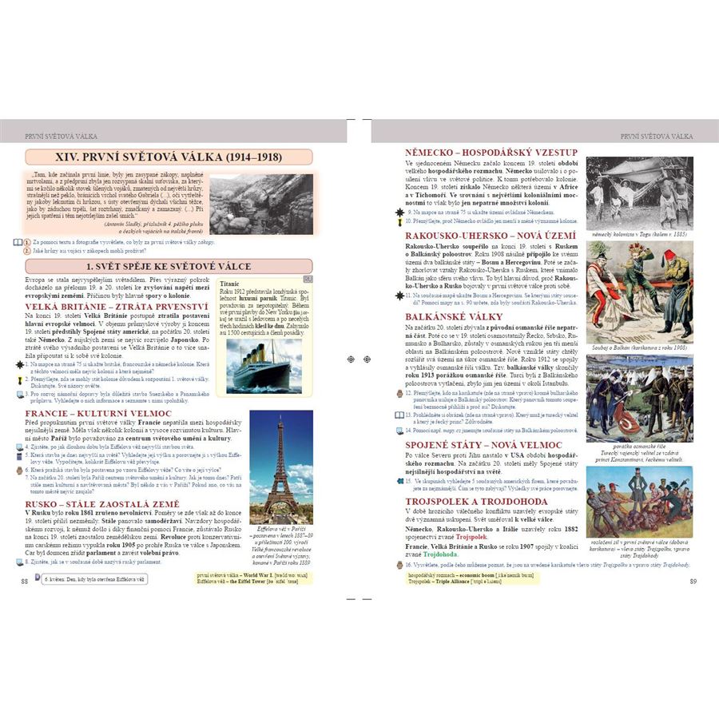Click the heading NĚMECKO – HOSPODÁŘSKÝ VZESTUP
coord(480,152)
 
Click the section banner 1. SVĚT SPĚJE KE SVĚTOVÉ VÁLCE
coord(169,266)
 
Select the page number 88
coord(25,580)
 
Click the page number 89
coord(693,580)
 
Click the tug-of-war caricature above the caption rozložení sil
coord(639,502)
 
